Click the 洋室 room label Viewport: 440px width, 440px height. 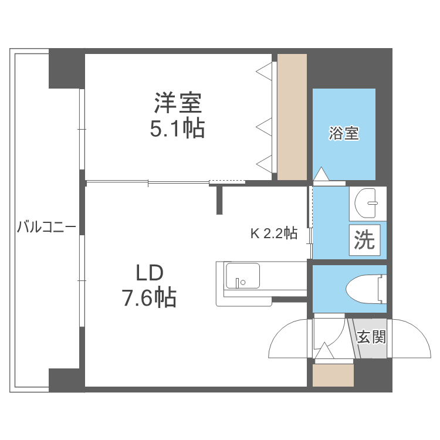178,104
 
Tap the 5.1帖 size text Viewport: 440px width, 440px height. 177,128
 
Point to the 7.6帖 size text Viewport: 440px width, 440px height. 149,299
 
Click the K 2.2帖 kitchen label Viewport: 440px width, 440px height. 274,233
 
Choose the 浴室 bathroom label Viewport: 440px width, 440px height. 343,133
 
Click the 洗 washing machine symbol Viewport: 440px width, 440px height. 364,240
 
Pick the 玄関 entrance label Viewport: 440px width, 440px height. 371,337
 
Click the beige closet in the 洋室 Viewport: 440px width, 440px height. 292,117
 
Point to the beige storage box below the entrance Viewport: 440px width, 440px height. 333,375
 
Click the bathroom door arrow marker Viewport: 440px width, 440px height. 321,174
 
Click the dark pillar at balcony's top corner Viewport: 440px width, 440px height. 66,69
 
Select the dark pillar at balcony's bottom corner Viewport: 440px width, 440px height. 66,379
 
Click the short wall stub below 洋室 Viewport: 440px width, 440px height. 220,199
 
